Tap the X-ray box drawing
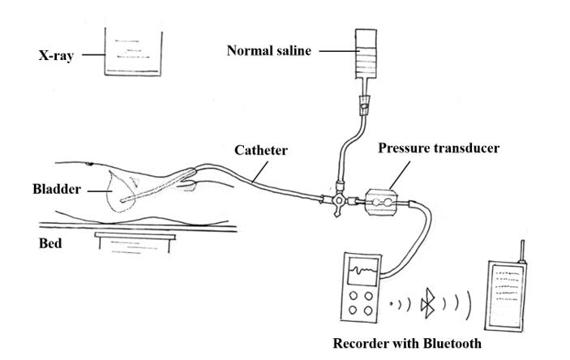pos(130,52)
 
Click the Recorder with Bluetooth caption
pos(411,343)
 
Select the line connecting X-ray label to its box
pos(89,56)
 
